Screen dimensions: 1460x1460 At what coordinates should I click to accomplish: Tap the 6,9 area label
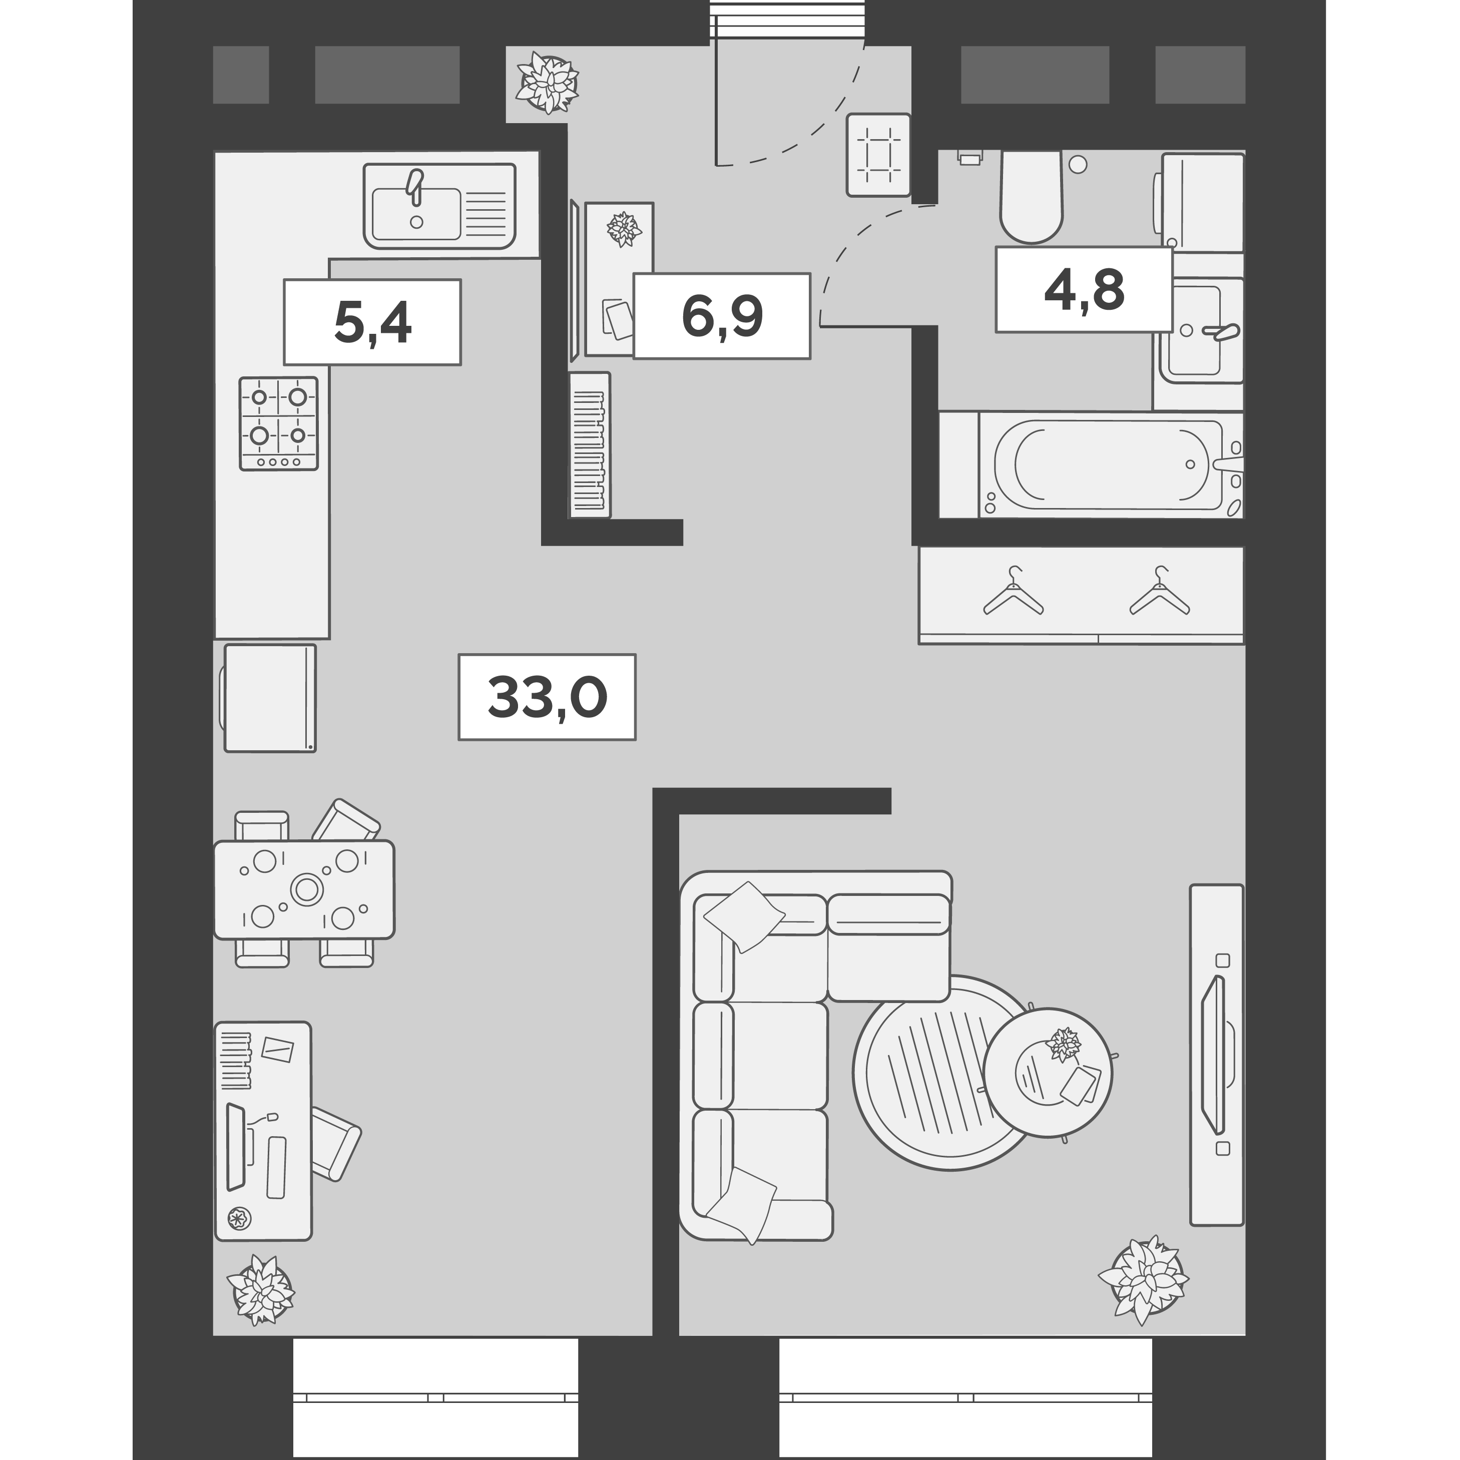point(722,315)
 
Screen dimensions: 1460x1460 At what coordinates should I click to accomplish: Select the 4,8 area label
point(1084,289)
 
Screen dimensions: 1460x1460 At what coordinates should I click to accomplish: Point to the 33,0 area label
point(547,697)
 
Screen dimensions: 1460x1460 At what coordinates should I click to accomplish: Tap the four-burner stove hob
point(279,424)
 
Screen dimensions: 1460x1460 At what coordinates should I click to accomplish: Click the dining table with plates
point(304,889)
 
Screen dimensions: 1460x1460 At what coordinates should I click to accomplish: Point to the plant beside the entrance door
point(547,82)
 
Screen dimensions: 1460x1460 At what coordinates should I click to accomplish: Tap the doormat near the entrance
point(878,155)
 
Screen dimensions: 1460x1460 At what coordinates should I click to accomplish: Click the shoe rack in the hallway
point(590,444)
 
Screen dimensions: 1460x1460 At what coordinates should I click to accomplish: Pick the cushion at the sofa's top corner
point(744,916)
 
